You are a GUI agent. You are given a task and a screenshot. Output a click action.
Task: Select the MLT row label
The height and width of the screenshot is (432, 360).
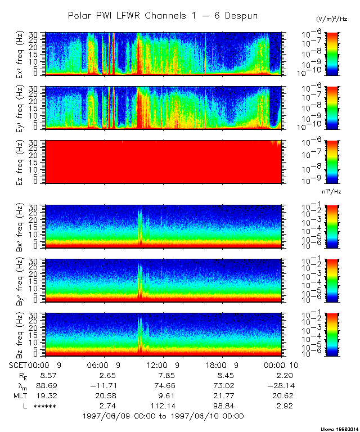click(20, 395)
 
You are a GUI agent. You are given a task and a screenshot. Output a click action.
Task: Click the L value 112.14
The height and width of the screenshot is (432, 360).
click(165, 406)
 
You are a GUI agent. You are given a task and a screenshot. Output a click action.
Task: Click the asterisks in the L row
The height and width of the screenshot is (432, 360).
click(44, 406)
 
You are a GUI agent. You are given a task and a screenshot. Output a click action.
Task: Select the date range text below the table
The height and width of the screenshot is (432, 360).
click(163, 416)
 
